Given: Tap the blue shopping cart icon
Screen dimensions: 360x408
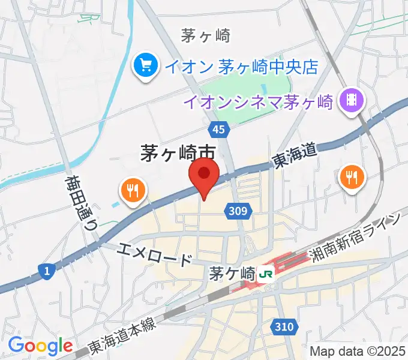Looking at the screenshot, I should tap(146, 65).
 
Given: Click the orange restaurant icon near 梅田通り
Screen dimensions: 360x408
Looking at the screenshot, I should tap(133, 190).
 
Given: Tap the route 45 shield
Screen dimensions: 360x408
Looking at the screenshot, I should tap(220, 130).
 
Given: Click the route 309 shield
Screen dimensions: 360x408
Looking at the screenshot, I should tap(240, 210).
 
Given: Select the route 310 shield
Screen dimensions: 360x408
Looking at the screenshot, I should tap(286, 326).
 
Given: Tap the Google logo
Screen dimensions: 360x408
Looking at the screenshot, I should tap(40, 346).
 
